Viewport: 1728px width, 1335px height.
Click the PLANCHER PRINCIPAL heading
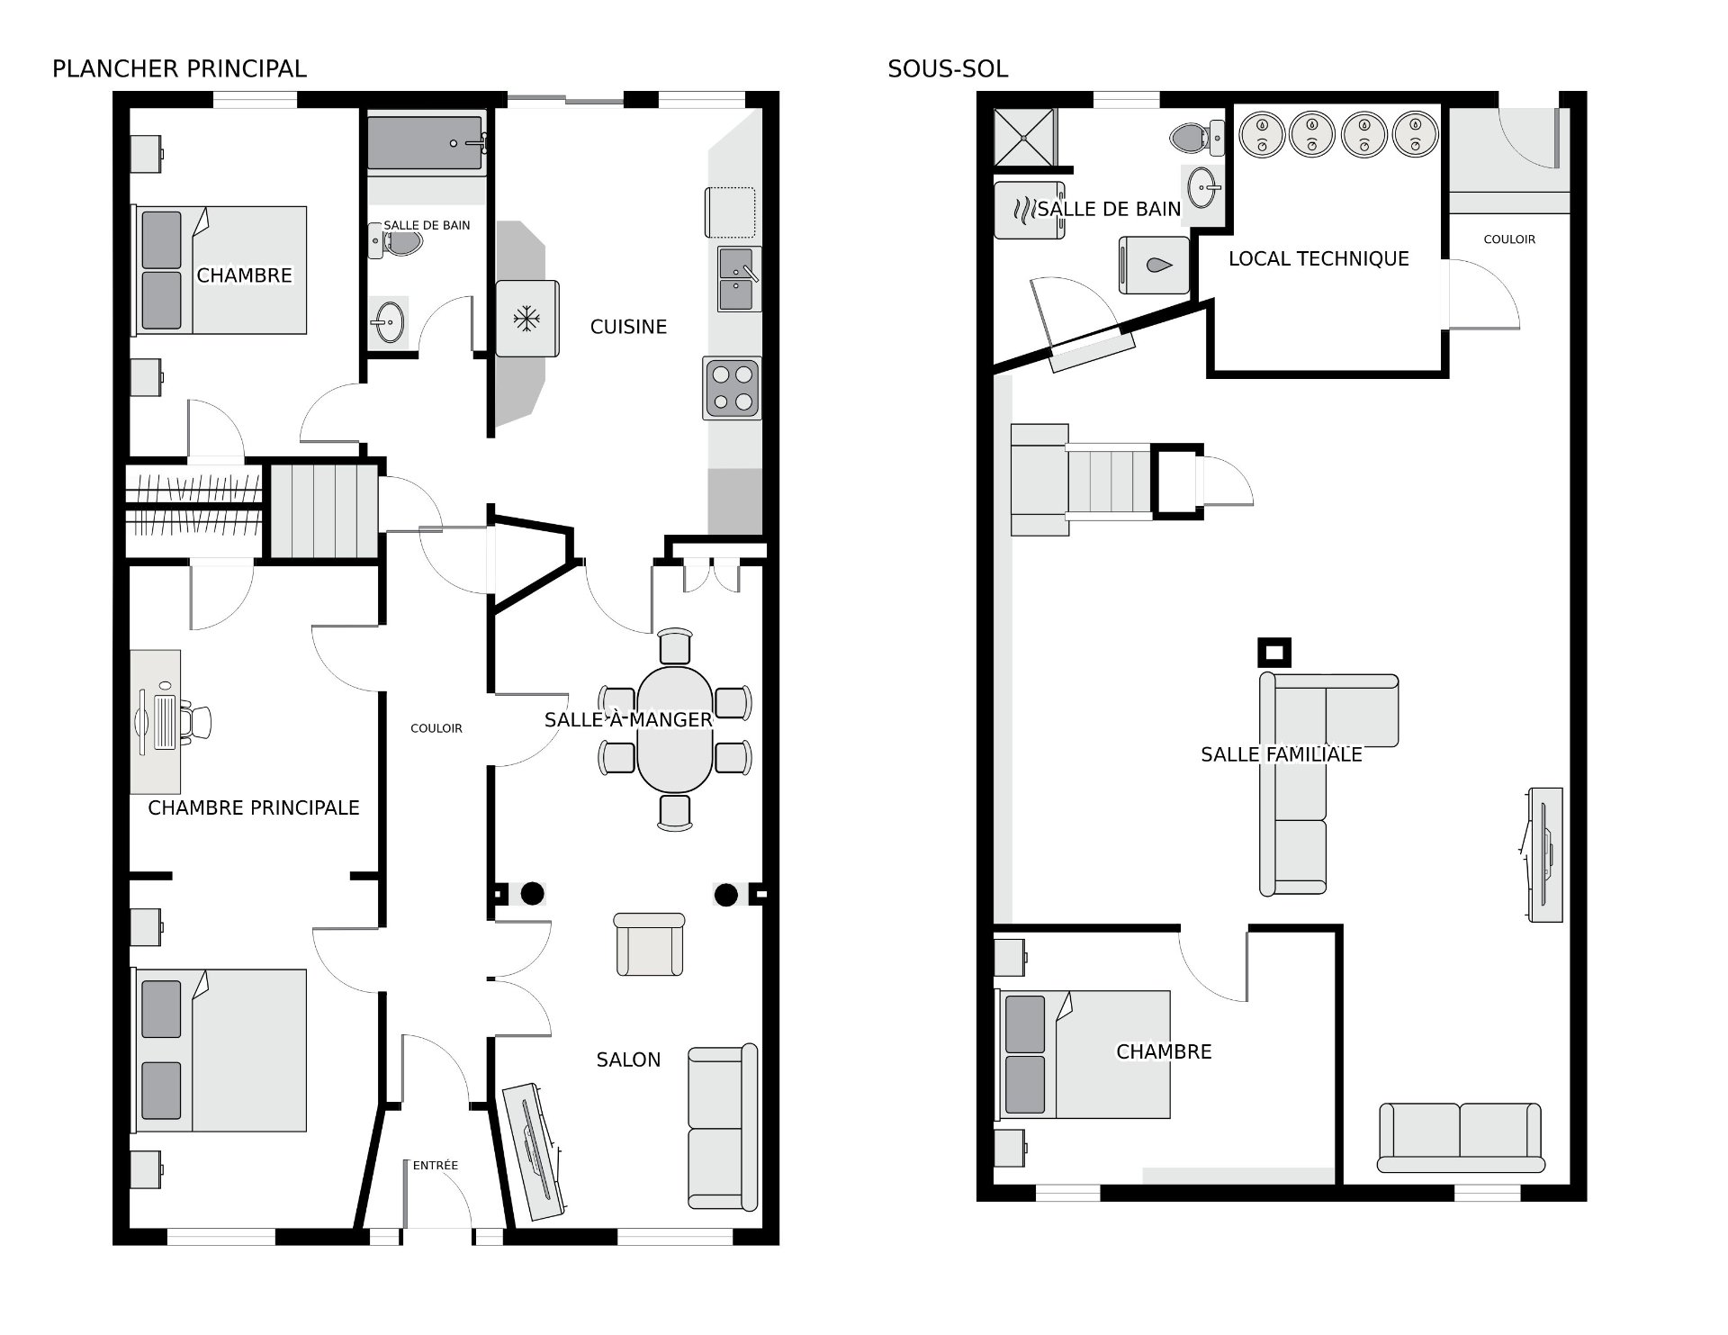(179, 69)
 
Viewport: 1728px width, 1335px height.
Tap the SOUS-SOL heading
(948, 69)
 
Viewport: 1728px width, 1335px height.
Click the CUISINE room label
(628, 327)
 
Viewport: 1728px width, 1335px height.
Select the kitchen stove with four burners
(732, 388)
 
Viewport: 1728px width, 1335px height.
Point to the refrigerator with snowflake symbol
(526, 319)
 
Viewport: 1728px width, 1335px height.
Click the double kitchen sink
(740, 279)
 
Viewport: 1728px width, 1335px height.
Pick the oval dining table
(674, 729)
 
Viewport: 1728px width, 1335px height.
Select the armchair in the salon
(649, 944)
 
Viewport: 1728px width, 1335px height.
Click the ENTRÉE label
(436, 1165)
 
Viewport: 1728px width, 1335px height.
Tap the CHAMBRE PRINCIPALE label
(254, 808)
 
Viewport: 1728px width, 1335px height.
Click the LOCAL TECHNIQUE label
(1318, 259)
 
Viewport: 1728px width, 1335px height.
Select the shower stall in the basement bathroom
(1023, 137)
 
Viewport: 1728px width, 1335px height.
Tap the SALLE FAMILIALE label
(1282, 754)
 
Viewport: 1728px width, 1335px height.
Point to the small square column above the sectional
(1273, 652)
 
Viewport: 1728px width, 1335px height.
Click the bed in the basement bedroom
(1083, 1054)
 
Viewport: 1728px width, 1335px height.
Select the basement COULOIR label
(1509, 239)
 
